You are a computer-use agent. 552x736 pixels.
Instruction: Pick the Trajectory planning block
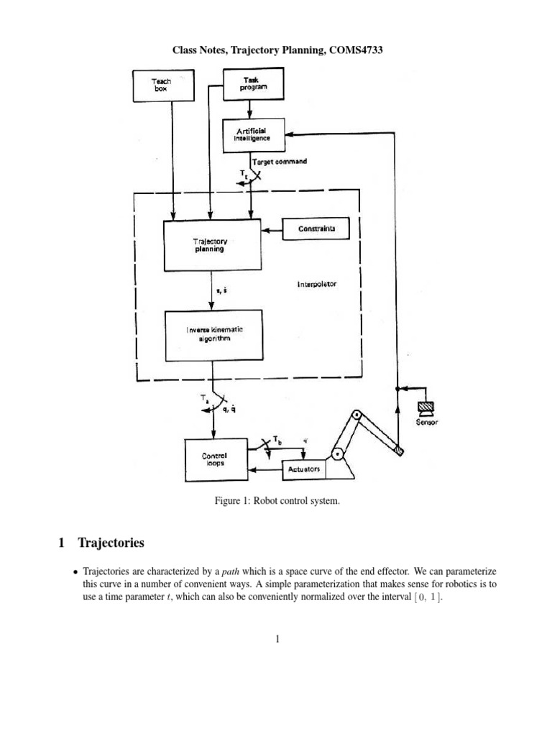click(x=209, y=245)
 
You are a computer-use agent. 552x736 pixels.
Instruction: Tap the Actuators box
click(x=303, y=469)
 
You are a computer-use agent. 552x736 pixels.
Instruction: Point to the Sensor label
click(x=427, y=423)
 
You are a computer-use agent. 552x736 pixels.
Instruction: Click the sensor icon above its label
click(x=427, y=408)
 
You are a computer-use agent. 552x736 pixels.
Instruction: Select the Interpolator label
click(x=317, y=284)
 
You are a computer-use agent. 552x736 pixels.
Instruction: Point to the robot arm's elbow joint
click(x=355, y=415)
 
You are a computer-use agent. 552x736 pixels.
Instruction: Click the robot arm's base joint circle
click(x=336, y=454)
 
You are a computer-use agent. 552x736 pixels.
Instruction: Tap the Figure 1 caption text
click(x=276, y=500)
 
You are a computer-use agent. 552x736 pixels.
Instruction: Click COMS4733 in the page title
click(x=357, y=50)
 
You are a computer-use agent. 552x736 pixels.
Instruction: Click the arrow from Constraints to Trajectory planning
click(x=270, y=230)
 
